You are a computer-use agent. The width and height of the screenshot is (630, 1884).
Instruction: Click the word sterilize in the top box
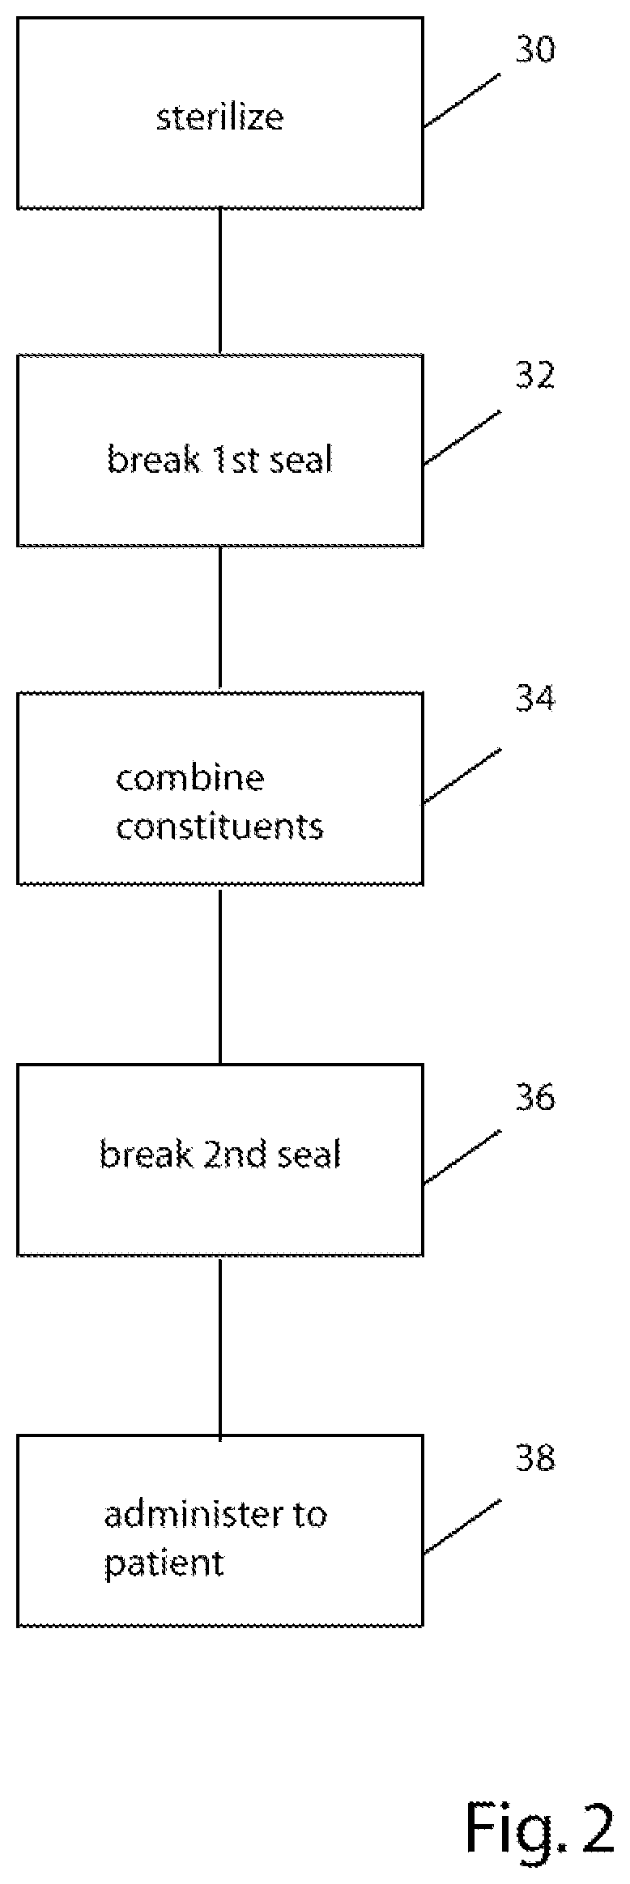(x=219, y=117)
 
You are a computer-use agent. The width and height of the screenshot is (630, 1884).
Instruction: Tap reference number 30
(x=535, y=49)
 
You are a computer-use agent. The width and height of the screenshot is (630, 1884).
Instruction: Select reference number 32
(x=535, y=376)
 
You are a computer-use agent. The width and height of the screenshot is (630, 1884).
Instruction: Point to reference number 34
(x=535, y=699)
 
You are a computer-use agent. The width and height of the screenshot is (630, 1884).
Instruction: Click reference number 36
(x=535, y=1097)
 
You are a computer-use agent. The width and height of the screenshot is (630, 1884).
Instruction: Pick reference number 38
(x=535, y=1458)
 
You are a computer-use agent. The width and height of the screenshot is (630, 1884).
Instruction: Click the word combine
(x=190, y=778)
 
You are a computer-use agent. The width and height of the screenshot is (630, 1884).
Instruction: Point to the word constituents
(x=219, y=827)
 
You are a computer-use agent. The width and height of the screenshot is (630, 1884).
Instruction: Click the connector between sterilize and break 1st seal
(x=220, y=282)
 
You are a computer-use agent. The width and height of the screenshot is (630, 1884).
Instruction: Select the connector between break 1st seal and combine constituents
(x=220, y=619)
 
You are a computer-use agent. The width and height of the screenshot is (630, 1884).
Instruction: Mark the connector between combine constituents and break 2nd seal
(x=220, y=975)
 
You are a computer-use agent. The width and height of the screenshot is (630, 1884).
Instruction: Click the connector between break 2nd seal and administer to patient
(x=220, y=1346)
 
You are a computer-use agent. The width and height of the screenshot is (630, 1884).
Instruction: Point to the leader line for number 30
(x=462, y=100)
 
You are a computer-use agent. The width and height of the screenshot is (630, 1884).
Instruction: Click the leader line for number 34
(x=462, y=776)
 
